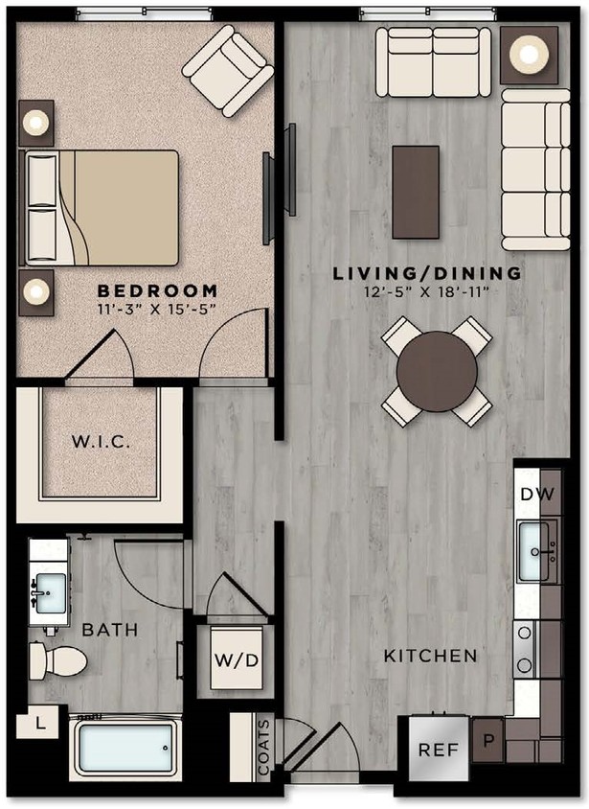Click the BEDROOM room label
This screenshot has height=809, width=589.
[x=157, y=289]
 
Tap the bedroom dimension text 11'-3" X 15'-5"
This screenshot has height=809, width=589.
[x=157, y=308]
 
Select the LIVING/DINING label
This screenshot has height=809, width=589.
[x=427, y=273]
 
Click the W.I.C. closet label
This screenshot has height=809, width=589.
[x=101, y=443]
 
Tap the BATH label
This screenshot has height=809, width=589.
[x=109, y=630]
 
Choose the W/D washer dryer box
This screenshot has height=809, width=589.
[x=237, y=659]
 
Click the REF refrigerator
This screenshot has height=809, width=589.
[x=440, y=750]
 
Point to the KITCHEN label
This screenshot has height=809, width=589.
[x=430, y=657]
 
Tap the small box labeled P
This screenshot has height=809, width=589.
[x=487, y=742]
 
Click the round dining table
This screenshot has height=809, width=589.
[x=437, y=371]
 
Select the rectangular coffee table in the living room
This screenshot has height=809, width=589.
[x=416, y=192]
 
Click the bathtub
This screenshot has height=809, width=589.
[x=126, y=748]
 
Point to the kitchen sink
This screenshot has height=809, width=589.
[x=533, y=551]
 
